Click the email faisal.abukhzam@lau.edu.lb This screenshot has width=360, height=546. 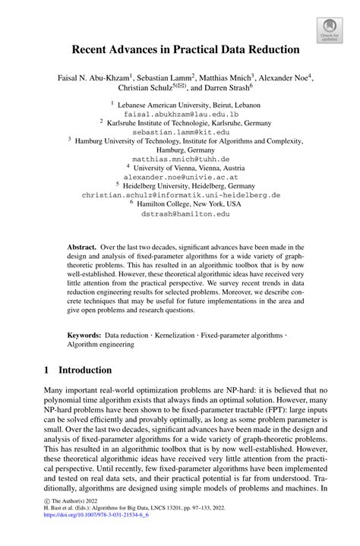click(x=180, y=112)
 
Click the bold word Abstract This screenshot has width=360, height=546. click(x=82, y=248)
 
